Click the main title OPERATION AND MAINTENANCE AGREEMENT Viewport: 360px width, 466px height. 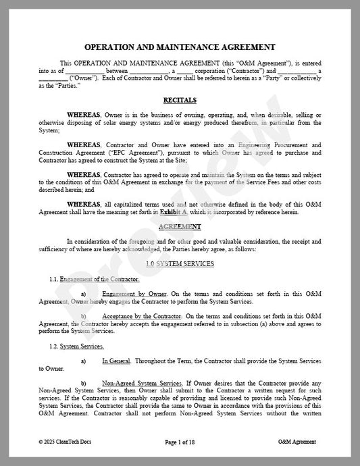pos(180,47)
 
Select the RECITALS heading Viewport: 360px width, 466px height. pos(180,99)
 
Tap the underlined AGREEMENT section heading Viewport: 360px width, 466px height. pos(180,226)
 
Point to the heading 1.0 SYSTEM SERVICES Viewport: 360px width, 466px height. pos(180,263)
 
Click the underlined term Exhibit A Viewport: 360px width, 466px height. pos(172,212)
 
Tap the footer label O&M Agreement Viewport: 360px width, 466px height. pos(297,442)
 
